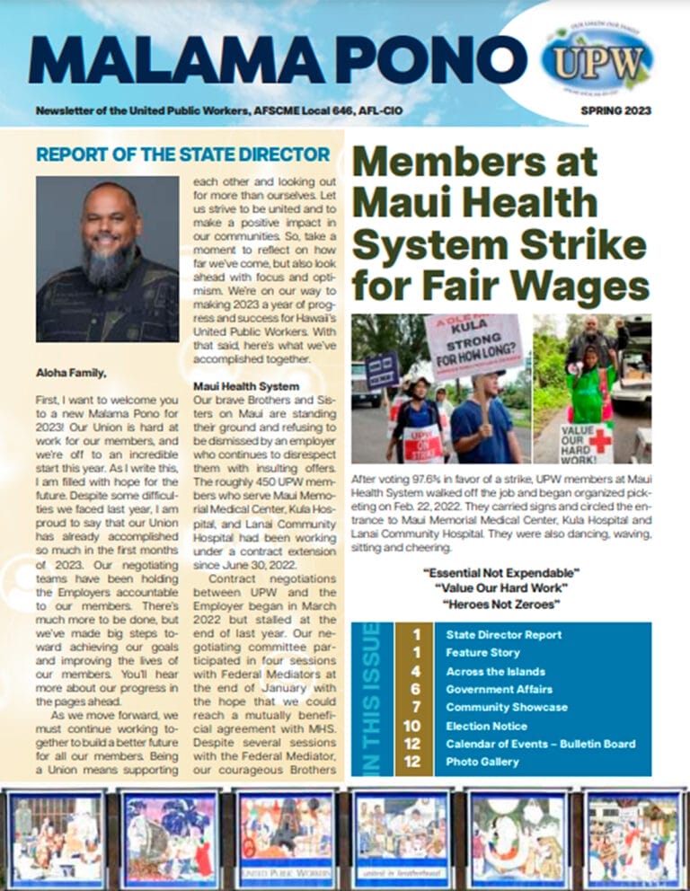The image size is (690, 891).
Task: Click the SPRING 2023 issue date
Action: coord(615,111)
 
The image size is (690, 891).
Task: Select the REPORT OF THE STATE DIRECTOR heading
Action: coord(183,154)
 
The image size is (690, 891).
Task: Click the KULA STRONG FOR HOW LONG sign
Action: coord(473,347)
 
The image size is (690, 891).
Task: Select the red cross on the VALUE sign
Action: coord(599,440)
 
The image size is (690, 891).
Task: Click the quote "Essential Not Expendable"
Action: coord(501,572)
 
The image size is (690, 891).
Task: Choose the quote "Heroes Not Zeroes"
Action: coord(501,604)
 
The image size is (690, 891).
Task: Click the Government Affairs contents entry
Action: coord(500,689)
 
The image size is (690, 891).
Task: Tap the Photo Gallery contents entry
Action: coord(482,762)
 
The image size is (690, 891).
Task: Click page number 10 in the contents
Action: coord(412,726)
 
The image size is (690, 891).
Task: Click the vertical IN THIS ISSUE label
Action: coord(371,698)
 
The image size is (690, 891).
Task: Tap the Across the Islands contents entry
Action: coord(495,671)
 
